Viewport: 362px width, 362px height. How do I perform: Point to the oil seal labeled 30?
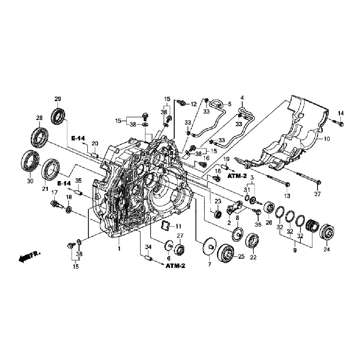tap(30, 160)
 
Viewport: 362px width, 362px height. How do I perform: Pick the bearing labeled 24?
tap(328, 232)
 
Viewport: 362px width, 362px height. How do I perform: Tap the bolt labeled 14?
tap(341, 124)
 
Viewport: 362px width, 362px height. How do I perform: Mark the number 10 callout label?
tap(327, 139)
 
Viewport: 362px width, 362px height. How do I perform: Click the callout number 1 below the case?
tap(118, 249)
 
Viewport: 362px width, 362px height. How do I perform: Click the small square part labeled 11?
tap(166, 225)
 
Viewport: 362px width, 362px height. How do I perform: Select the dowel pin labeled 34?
tap(147, 259)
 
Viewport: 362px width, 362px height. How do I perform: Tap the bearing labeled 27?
tap(180, 249)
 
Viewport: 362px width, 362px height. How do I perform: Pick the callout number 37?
tap(317, 194)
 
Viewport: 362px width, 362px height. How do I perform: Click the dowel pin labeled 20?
tap(96, 156)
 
